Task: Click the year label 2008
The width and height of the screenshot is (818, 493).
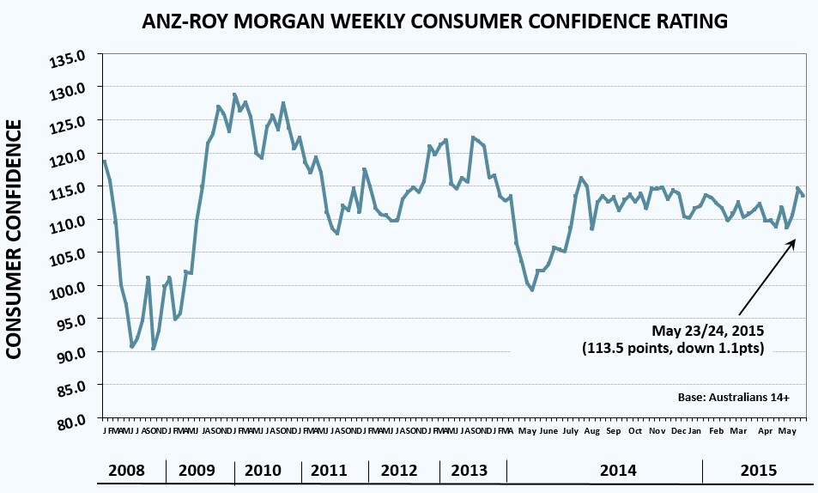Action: (x=126, y=471)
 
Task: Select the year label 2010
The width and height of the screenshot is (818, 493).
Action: (x=263, y=471)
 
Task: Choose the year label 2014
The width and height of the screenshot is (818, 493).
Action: (x=618, y=471)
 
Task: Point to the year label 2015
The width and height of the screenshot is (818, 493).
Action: (x=759, y=471)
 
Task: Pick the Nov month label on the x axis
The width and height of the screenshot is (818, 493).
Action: (x=656, y=430)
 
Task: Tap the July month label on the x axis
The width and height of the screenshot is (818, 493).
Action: (x=569, y=430)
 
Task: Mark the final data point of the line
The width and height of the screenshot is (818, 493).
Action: (x=803, y=195)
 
